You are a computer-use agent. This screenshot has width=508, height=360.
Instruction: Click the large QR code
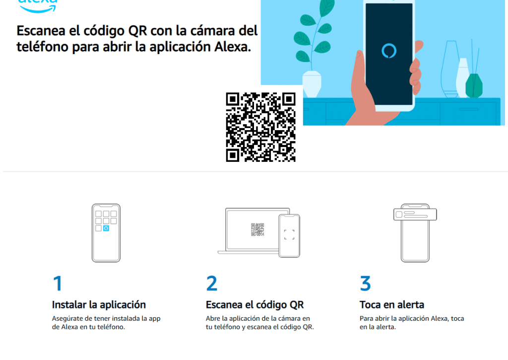tap(261, 127)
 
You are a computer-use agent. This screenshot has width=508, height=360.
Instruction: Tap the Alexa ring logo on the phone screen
tap(389, 51)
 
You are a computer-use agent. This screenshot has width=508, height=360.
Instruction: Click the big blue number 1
tap(58, 283)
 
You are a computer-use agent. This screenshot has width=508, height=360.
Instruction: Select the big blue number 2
tap(211, 283)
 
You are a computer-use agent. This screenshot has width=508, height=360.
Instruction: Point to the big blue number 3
tap(365, 283)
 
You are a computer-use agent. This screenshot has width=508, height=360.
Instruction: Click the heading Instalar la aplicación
tap(99, 304)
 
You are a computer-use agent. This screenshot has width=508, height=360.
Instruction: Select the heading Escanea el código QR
tap(254, 305)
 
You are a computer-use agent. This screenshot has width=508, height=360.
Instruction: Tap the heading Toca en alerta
tap(392, 304)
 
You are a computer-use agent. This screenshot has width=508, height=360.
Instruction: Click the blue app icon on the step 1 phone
tap(106, 228)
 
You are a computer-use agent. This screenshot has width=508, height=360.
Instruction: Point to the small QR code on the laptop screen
tap(257, 229)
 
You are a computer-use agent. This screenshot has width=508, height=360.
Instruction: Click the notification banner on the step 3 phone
tap(415, 215)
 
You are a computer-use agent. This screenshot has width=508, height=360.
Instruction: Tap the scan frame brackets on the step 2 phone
tap(289, 235)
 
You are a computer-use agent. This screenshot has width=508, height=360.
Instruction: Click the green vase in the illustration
tap(474, 85)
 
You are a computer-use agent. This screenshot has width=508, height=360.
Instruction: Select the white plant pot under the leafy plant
tap(312, 84)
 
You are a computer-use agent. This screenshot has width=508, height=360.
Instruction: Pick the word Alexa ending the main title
tap(233, 47)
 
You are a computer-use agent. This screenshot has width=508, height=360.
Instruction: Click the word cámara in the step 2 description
tap(289, 318)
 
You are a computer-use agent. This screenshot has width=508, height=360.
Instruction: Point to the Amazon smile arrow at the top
tap(38, 9)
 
